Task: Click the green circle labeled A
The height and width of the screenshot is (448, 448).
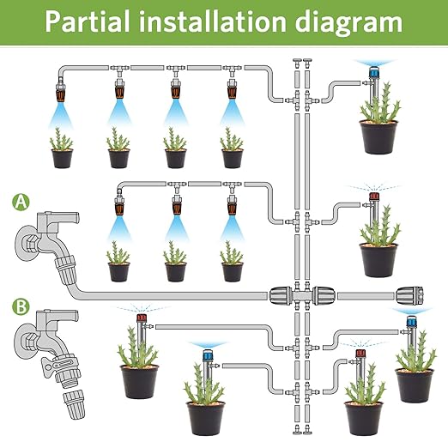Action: pos(20,203)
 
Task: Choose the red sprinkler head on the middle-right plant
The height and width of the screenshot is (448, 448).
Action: pos(373,198)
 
